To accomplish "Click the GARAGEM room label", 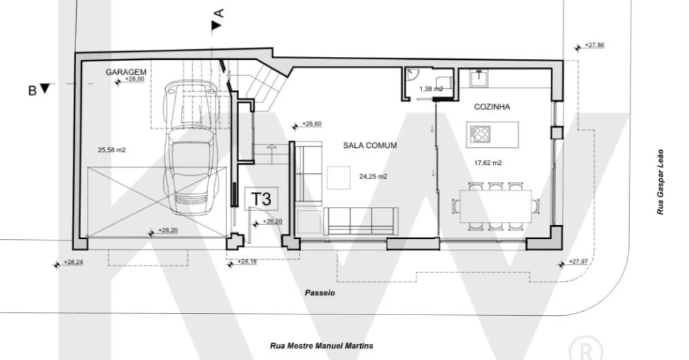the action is (x=126, y=72).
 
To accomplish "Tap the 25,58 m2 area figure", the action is (x=112, y=150).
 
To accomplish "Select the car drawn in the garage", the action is (x=191, y=147).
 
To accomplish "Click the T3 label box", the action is (x=261, y=198).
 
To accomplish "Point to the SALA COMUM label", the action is (x=370, y=145).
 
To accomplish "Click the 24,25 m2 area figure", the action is (x=373, y=176).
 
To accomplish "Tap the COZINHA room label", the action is (x=492, y=107).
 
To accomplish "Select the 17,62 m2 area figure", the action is (x=488, y=163).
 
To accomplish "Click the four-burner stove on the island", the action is (x=480, y=134).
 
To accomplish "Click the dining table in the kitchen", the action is (x=495, y=206).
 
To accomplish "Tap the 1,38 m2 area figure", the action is (x=431, y=89).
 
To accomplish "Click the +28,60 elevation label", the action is (x=312, y=125).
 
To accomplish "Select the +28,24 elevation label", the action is (x=73, y=262).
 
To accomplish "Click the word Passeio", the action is (x=320, y=293).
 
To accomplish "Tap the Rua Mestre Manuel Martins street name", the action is (x=322, y=346).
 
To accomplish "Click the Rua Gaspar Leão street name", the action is (x=660, y=182).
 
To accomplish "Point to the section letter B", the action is (x=32, y=91).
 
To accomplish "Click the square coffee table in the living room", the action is (x=338, y=178).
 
